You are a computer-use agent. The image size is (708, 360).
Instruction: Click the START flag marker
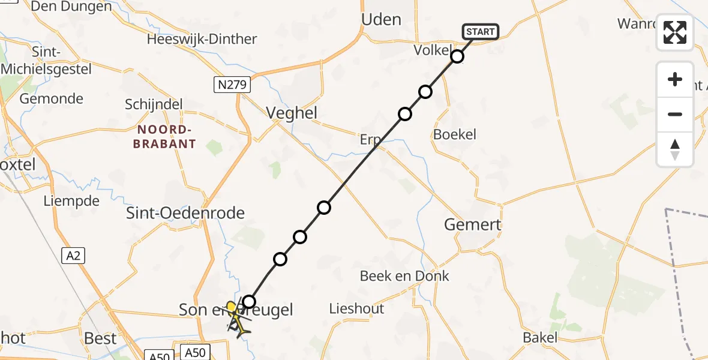pyautogui.click(x=480, y=32)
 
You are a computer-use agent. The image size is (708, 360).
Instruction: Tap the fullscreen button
pyautogui.click(x=675, y=32)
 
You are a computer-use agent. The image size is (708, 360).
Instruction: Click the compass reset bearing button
pyautogui.click(x=675, y=149)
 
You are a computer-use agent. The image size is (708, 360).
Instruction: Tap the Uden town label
pyautogui.click(x=381, y=20)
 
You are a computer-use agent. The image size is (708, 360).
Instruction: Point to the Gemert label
pyautogui.click(x=472, y=225)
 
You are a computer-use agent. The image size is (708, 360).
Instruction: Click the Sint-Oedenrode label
pyautogui.click(x=186, y=213)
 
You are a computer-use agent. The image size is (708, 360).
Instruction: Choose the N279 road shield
pyautogui.click(x=232, y=85)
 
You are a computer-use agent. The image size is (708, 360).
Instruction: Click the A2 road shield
pyautogui.click(x=73, y=256)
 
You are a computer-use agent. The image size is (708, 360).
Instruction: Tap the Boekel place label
pyautogui.click(x=455, y=134)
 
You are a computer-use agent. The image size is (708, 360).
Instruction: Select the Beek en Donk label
pyautogui.click(x=404, y=276)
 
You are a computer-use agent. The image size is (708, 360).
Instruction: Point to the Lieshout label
pyautogui.click(x=356, y=309)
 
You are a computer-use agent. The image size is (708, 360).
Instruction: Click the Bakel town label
pyautogui.click(x=540, y=338)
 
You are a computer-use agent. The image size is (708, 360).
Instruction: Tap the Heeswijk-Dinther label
pyautogui.click(x=202, y=40)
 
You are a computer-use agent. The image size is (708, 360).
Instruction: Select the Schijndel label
pyautogui.click(x=154, y=104)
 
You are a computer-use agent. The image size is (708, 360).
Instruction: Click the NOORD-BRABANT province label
pyautogui.click(x=166, y=137)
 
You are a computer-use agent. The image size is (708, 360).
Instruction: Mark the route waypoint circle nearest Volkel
pyautogui.click(x=457, y=56)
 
